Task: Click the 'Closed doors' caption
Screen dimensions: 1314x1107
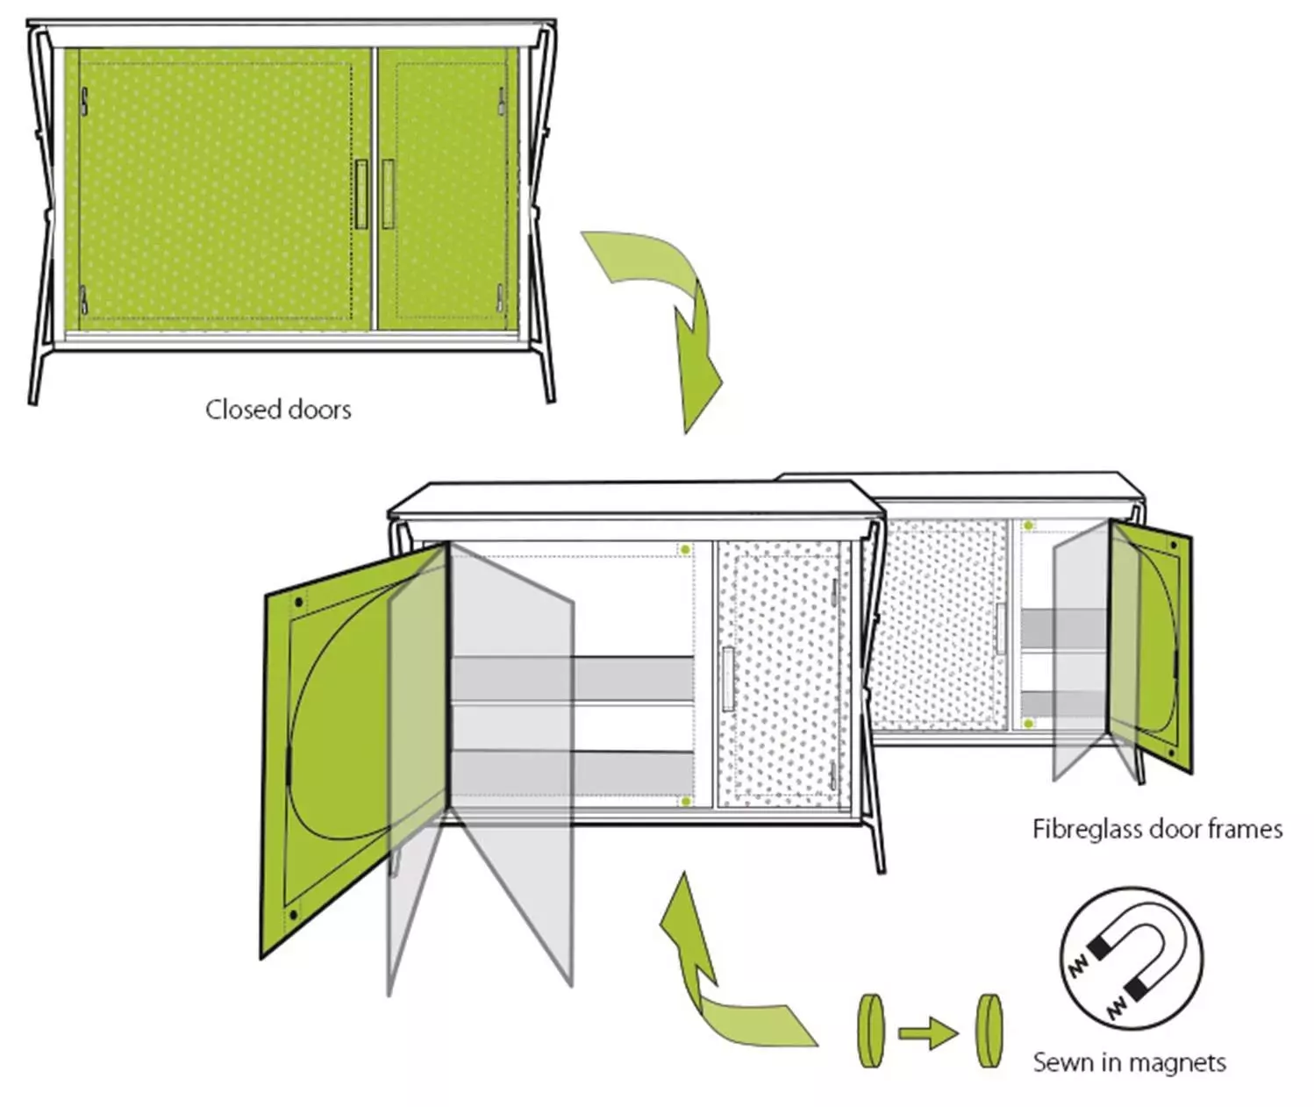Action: [278, 410]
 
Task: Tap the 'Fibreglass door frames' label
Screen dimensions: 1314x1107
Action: [1157, 829]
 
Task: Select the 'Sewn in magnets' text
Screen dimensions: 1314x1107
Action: [1129, 1062]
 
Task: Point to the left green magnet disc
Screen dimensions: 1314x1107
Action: [871, 1031]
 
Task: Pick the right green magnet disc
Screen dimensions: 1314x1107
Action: [988, 1031]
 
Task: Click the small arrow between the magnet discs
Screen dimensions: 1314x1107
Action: [928, 1033]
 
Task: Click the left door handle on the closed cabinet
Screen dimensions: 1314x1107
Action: [361, 194]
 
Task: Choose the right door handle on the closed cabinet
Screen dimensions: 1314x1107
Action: [388, 194]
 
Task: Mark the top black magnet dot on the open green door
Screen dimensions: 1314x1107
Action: [299, 603]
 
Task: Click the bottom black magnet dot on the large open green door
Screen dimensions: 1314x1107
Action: [293, 914]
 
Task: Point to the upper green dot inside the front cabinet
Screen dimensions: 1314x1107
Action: [685, 549]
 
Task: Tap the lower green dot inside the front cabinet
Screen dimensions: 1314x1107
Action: [685, 801]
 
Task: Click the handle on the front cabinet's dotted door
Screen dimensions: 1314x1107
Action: [728, 679]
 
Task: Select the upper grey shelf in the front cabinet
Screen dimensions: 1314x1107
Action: [573, 679]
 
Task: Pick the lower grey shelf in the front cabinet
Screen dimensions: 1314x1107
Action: [573, 773]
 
